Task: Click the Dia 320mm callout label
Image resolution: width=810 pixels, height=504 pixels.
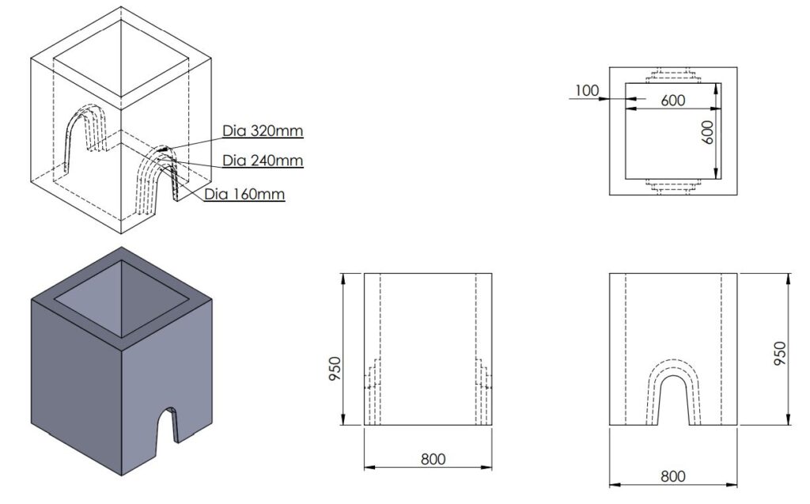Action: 263,131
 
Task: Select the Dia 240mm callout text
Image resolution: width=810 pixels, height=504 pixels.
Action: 263,161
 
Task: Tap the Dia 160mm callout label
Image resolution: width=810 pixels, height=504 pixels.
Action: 244,193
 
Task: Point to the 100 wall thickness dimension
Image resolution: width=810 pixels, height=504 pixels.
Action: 586,91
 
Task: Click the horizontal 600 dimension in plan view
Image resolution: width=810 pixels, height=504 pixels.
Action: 672,100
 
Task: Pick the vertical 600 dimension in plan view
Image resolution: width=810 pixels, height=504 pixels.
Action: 709,131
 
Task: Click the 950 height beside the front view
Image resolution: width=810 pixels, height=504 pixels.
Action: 780,349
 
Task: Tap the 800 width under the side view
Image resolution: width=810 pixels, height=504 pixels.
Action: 433,459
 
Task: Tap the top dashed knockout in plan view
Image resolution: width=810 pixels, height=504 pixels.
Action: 672,77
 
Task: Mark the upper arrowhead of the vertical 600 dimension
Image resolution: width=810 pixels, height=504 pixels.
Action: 715,88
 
